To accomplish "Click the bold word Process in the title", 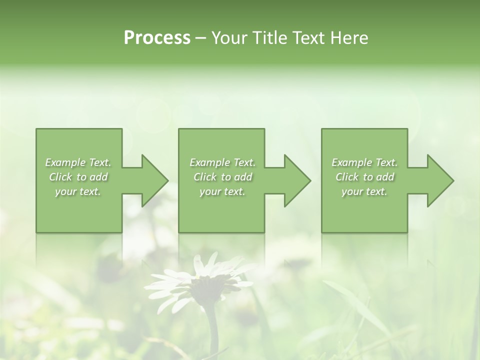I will [x=157, y=38].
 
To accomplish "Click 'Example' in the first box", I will [x=65, y=162].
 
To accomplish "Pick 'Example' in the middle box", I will [x=209, y=162].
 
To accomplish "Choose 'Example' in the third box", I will [x=351, y=162].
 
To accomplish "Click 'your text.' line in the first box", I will [x=78, y=191].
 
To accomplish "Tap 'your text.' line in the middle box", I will [x=222, y=191].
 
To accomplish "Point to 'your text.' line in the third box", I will [x=364, y=191].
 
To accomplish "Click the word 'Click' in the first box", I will [x=60, y=177].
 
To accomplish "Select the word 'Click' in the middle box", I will [x=205, y=177].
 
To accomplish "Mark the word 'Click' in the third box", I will [x=347, y=177].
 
